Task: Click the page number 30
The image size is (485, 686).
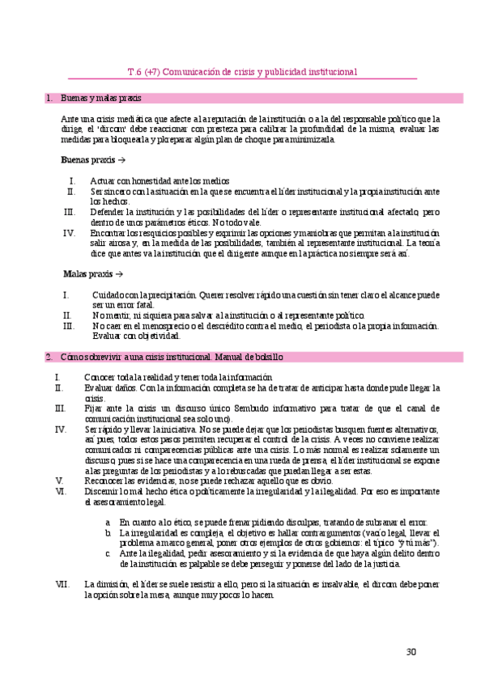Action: pyautogui.click(x=411, y=653)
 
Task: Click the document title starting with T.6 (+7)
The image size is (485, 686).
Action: pyautogui.click(x=243, y=71)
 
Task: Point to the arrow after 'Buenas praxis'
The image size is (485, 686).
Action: pyautogui.click(x=121, y=159)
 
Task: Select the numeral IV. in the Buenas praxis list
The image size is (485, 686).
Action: pyautogui.click(x=70, y=233)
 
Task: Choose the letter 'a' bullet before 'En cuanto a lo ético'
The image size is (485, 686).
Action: pyautogui.click(x=108, y=523)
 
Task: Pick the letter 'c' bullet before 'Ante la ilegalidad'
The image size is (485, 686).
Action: pyautogui.click(x=108, y=553)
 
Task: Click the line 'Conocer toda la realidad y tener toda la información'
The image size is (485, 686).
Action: pyautogui.click(x=178, y=378)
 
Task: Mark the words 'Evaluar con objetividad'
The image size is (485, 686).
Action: pyautogui.click(x=136, y=336)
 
